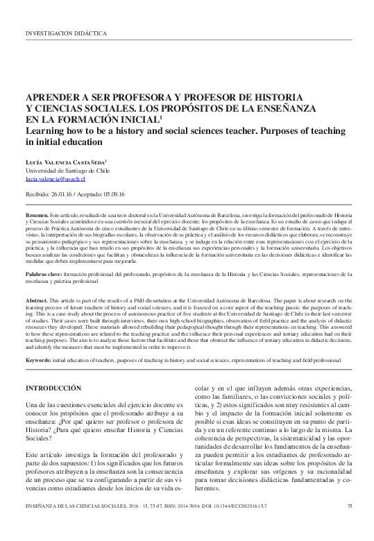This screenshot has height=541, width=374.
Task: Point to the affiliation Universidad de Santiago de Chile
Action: [67, 169]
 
